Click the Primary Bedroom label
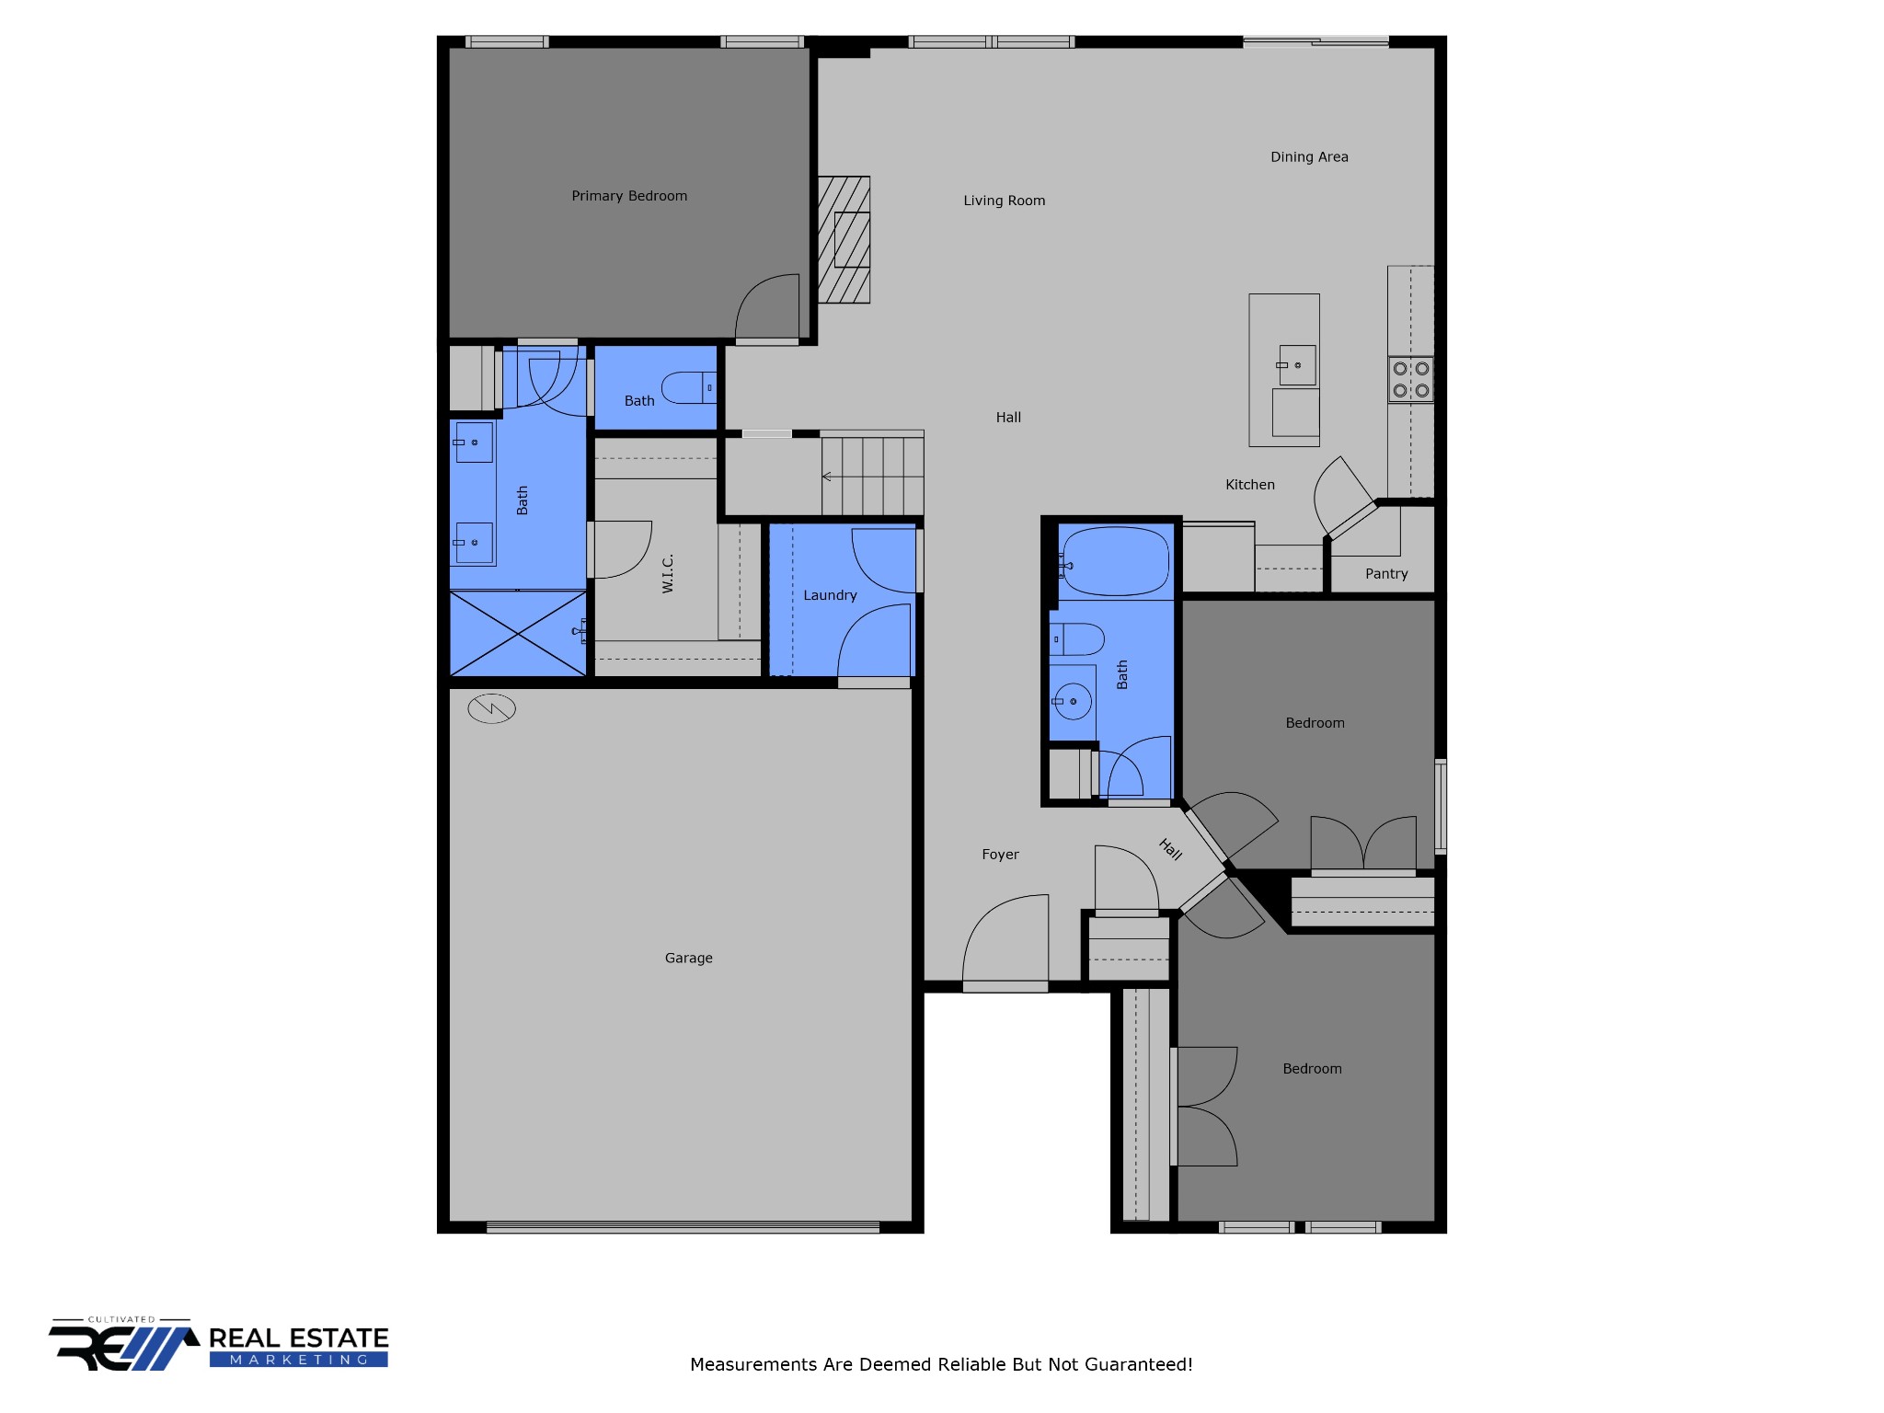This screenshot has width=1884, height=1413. (629, 196)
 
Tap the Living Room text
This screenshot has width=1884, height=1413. (1005, 201)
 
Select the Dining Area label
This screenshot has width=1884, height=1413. (1309, 157)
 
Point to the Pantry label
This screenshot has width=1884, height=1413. (1386, 574)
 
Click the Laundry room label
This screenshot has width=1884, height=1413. (830, 595)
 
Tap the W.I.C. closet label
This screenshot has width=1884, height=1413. (668, 573)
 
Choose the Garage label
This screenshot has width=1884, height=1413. (689, 958)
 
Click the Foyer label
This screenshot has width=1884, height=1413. (1000, 855)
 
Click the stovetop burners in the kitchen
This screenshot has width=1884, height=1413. (1410, 379)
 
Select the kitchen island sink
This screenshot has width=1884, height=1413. (1295, 365)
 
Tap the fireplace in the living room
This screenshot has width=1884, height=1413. (844, 239)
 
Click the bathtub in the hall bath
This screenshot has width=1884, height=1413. (1116, 561)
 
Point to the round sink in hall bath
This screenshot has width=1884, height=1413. (1073, 701)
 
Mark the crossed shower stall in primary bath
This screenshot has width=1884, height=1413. (518, 634)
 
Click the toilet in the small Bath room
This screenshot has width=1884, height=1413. (689, 387)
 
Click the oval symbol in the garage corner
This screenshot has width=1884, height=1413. (491, 708)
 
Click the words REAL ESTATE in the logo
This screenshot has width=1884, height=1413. (299, 1338)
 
